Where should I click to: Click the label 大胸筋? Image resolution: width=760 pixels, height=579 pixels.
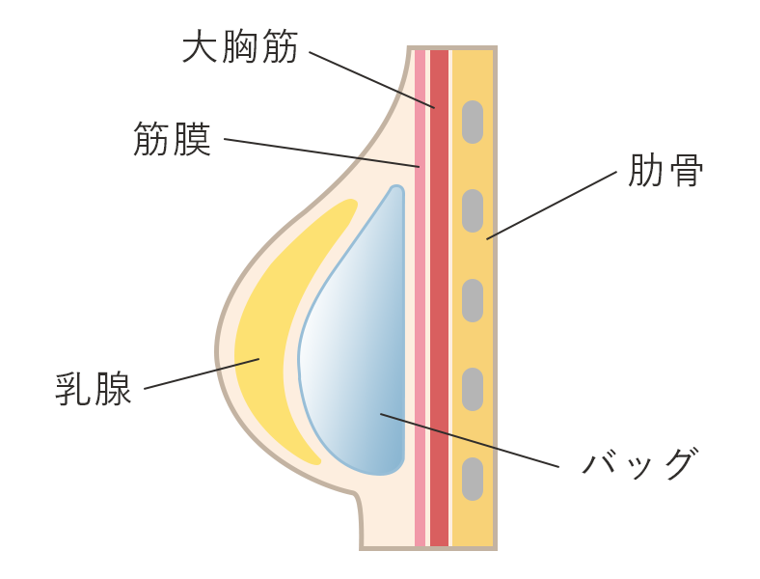[240, 46]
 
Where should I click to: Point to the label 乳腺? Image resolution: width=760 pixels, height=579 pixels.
[94, 388]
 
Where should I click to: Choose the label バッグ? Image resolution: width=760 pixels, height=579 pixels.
[638, 464]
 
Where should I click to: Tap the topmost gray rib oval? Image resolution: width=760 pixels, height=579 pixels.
[472, 122]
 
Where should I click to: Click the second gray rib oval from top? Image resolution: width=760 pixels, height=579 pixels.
[472, 210]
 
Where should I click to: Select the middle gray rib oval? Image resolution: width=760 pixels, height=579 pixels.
[472, 300]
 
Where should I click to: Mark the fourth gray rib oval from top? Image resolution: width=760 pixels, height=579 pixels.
[472, 389]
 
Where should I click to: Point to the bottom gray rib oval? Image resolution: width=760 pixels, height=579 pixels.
[472, 479]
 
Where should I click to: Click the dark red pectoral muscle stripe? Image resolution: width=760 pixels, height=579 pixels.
[439, 289]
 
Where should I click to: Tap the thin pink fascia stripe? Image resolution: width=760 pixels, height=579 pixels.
[420, 289]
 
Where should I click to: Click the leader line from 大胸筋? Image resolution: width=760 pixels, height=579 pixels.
[371, 79]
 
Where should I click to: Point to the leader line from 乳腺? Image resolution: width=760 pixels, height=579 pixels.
[202, 374]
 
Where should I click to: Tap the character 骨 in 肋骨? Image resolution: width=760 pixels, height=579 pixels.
[686, 171]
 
